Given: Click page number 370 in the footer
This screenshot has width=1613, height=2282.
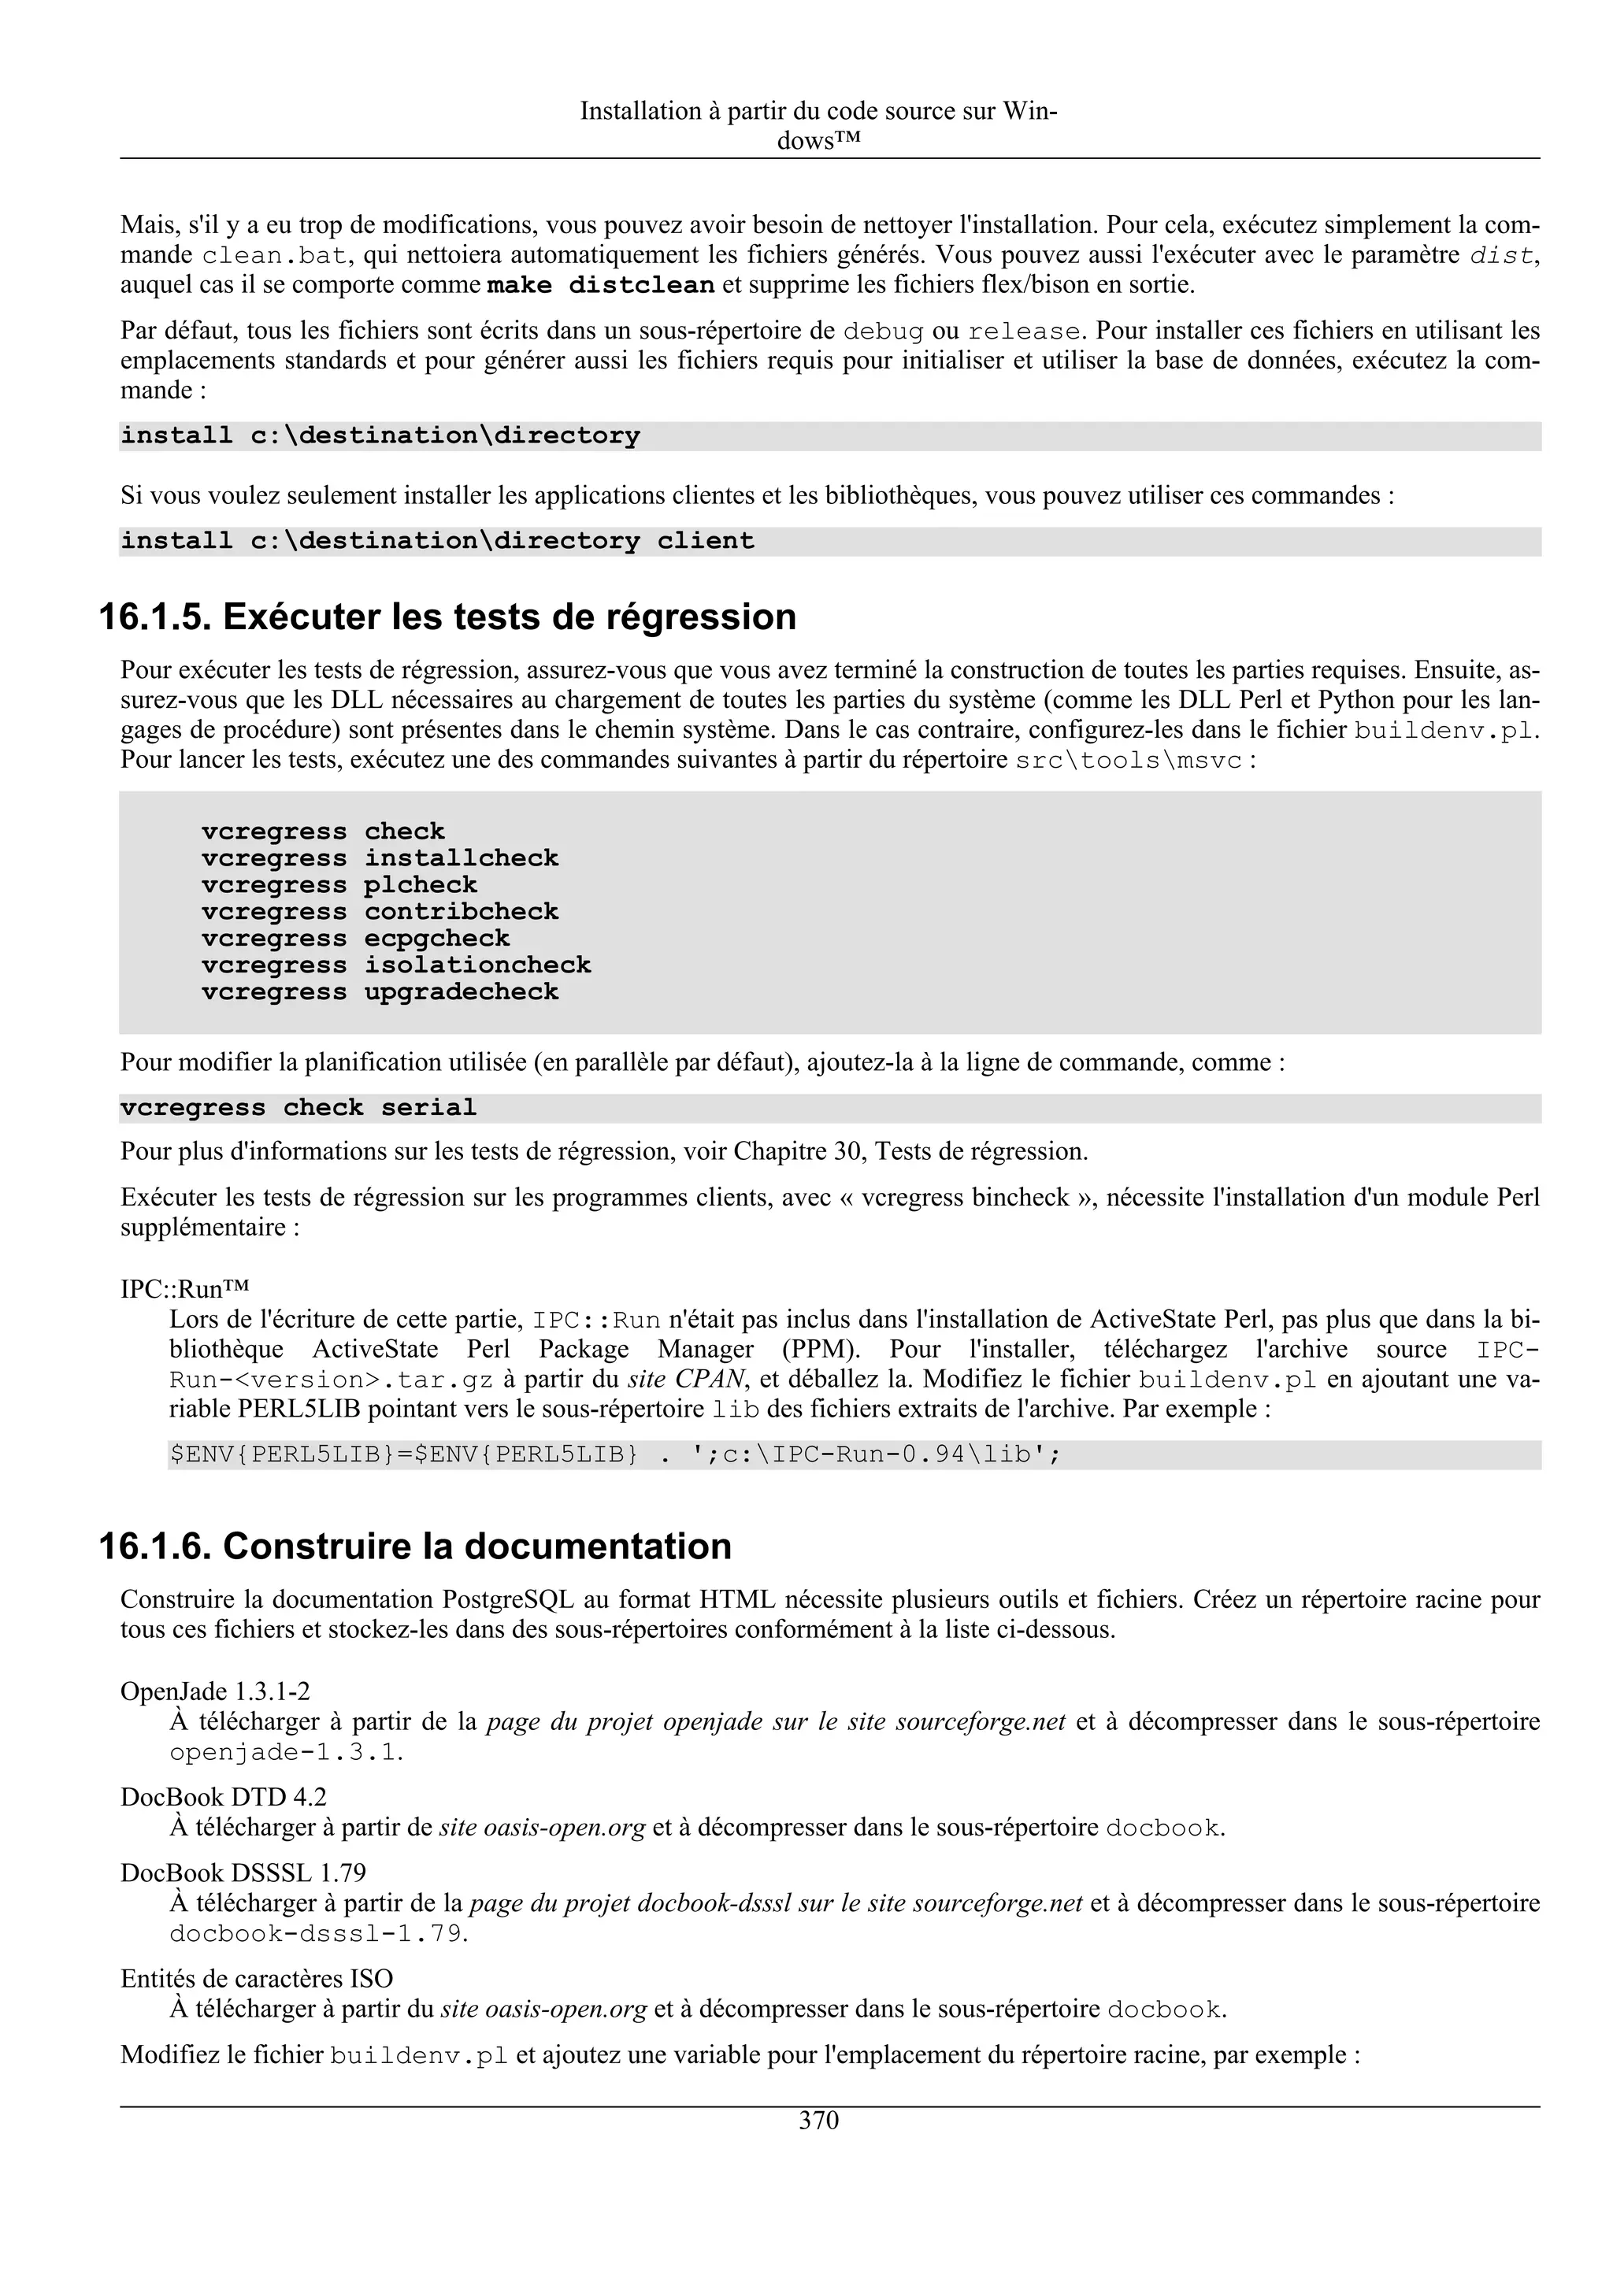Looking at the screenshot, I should pyautogui.click(x=818, y=2120).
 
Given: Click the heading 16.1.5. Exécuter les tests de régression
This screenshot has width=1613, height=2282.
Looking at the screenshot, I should pyautogui.click(x=447, y=617).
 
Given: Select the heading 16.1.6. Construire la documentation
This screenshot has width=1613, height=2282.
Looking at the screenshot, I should pyautogui.click(x=415, y=1547).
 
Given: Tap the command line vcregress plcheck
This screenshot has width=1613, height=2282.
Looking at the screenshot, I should pyautogui.click(x=339, y=884).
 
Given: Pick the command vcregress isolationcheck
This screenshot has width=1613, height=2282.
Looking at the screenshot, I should pyautogui.click(x=395, y=965).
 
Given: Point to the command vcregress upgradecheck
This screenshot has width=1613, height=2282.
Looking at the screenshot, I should pyautogui.click(x=380, y=992).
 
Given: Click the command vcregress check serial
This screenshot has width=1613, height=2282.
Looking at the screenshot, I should pyautogui.click(x=298, y=1107).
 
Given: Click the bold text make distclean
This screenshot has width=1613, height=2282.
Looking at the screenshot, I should pyautogui.click(x=600, y=285).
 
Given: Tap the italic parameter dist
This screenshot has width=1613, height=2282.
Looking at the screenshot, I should pyautogui.click(x=1500, y=255).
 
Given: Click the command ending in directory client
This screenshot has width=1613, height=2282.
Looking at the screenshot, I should pyautogui.click(x=437, y=541).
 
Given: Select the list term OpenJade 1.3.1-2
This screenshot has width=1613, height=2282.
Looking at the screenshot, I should pyautogui.click(x=215, y=1691).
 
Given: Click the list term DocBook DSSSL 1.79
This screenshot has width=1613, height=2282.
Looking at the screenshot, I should pyautogui.click(x=243, y=1873).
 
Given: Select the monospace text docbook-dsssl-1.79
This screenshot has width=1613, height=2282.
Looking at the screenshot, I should pyautogui.click(x=316, y=1934).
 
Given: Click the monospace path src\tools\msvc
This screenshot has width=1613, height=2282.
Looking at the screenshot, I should pyautogui.click(x=1129, y=761).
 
